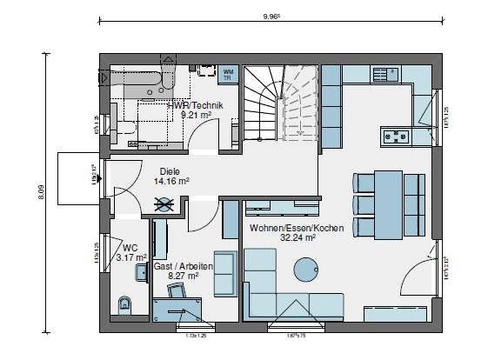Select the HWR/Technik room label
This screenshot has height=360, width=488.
click(201, 104)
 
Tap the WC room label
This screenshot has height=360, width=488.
click(130, 247)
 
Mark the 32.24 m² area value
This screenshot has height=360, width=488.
click(296, 237)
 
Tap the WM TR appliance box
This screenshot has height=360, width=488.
click(229, 72)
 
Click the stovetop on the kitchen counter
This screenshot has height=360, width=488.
click(397, 135)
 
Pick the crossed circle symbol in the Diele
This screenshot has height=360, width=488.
click(164, 204)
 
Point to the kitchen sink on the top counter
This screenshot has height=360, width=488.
click(389, 74)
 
